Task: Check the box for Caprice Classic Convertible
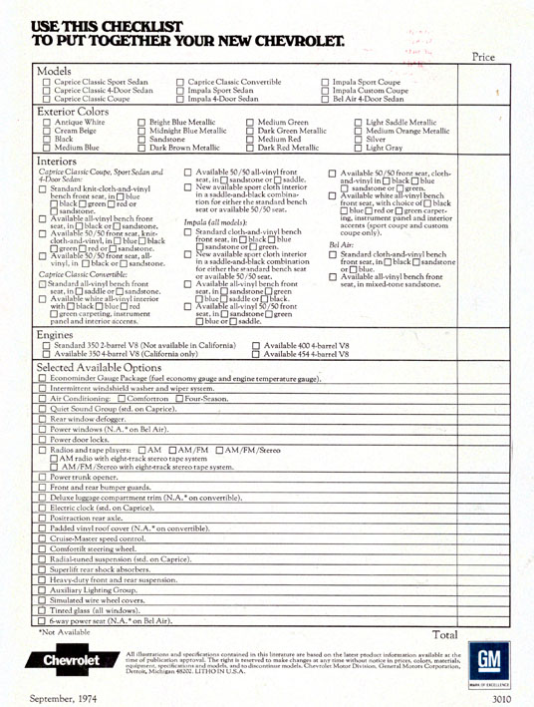tap(180, 84)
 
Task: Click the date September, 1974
tap(61, 696)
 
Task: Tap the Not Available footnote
tap(70, 632)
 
